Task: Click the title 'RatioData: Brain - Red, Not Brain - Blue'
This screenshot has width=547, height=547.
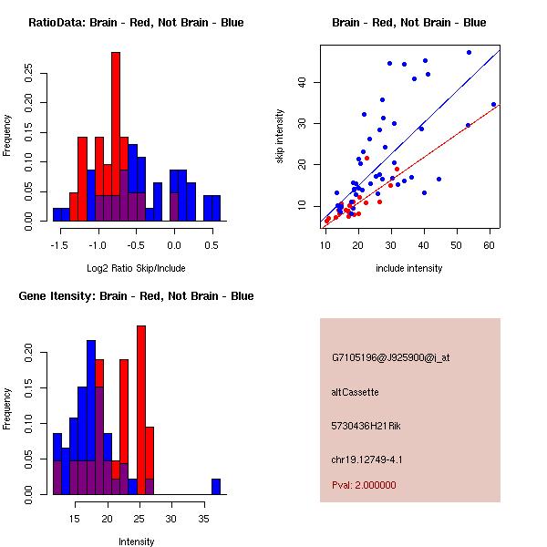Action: tap(136, 22)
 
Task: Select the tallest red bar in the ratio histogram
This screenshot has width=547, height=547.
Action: tap(116, 137)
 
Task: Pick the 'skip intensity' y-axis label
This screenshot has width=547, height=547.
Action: tap(280, 137)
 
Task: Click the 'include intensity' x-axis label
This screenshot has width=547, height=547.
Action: tap(409, 268)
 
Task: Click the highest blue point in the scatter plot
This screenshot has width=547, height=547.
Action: tap(469, 53)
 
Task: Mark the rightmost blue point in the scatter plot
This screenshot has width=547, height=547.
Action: tap(493, 104)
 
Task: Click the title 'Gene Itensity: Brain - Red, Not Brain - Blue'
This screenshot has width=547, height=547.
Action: tap(136, 295)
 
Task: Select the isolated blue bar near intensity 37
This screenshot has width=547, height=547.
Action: tap(216, 486)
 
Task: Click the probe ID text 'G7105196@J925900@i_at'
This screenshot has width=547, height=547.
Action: tap(391, 357)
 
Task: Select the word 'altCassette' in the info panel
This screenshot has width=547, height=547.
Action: tap(355, 392)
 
